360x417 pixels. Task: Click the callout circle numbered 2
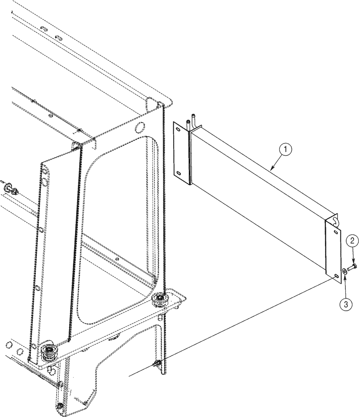click(x=352, y=241)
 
